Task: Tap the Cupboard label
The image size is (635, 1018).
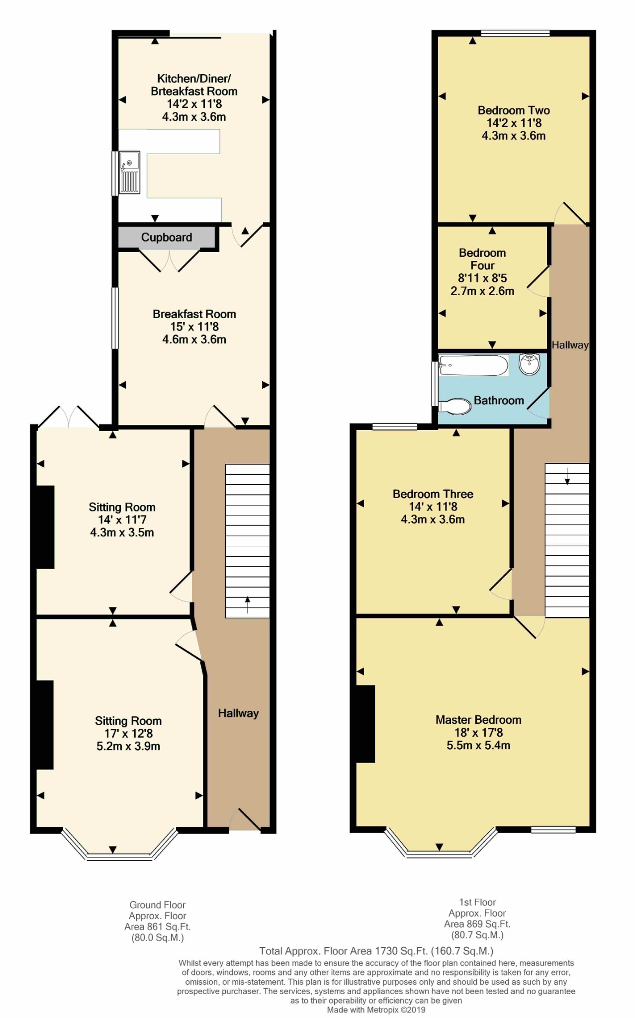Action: (167, 238)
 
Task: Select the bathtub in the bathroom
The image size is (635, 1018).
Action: (474, 365)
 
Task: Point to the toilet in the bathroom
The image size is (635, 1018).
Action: (455, 407)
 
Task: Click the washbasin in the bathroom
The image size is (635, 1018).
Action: (530, 364)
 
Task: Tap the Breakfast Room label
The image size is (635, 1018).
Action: (194, 314)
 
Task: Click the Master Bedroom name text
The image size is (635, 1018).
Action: (478, 720)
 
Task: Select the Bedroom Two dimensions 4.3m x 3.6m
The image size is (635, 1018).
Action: (514, 136)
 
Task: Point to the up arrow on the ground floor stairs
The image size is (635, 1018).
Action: (248, 605)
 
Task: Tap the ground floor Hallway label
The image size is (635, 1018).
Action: (239, 713)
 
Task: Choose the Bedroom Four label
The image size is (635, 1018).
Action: (482, 259)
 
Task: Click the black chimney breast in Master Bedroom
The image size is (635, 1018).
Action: (365, 724)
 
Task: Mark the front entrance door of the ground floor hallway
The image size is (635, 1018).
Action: (245, 820)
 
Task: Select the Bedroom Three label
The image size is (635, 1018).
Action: (433, 494)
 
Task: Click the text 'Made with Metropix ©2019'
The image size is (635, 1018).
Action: (376, 1010)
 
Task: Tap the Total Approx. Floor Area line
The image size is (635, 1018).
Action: (376, 951)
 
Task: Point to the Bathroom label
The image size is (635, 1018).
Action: (499, 401)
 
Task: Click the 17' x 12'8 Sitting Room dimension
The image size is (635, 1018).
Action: (128, 734)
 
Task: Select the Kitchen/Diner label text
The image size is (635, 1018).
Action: (194, 79)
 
